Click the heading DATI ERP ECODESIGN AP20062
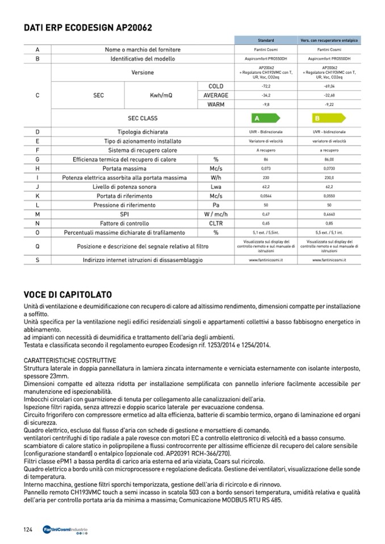88,27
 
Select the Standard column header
266,41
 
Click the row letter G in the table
37,159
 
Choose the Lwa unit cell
216,187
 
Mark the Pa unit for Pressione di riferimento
216,205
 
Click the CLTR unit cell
216,223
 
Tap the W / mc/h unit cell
216,214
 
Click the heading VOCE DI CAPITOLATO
68,294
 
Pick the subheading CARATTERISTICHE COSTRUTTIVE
70,360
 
